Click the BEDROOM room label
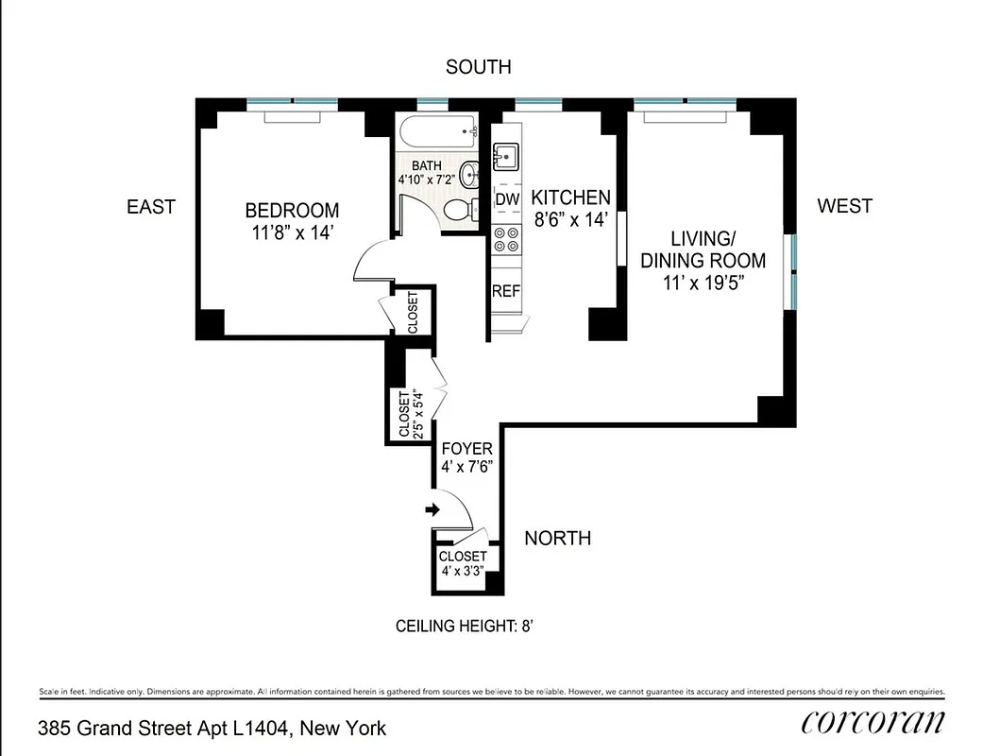pyautogui.click(x=292, y=211)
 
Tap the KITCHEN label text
pyautogui.click(x=571, y=198)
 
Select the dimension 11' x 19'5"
pyautogui.click(x=703, y=283)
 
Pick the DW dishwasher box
pyautogui.click(x=508, y=199)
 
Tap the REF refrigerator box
pyautogui.click(x=506, y=291)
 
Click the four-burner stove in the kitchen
pyautogui.click(x=508, y=239)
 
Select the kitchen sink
pyautogui.click(x=507, y=155)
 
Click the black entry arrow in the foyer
pyautogui.click(x=433, y=510)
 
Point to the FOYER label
pyautogui.click(x=467, y=449)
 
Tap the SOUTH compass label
pyautogui.click(x=479, y=67)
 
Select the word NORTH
pyautogui.click(x=558, y=539)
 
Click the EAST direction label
pyautogui.click(x=151, y=206)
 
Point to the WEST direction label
pyautogui.click(x=844, y=206)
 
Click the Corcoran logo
pyautogui.click(x=873, y=723)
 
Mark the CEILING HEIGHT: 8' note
pyautogui.click(x=466, y=626)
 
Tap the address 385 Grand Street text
pyautogui.click(x=212, y=729)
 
